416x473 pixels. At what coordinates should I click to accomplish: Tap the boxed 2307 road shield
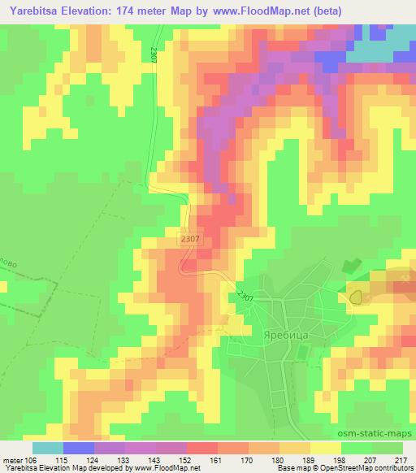tap(189, 239)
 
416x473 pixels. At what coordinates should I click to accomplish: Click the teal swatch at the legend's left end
tap(48, 448)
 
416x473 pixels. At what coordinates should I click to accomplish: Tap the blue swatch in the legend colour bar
tap(79, 448)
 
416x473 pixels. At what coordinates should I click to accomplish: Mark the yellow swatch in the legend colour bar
tap(326, 448)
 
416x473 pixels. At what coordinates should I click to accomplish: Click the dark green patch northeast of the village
tap(350, 267)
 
